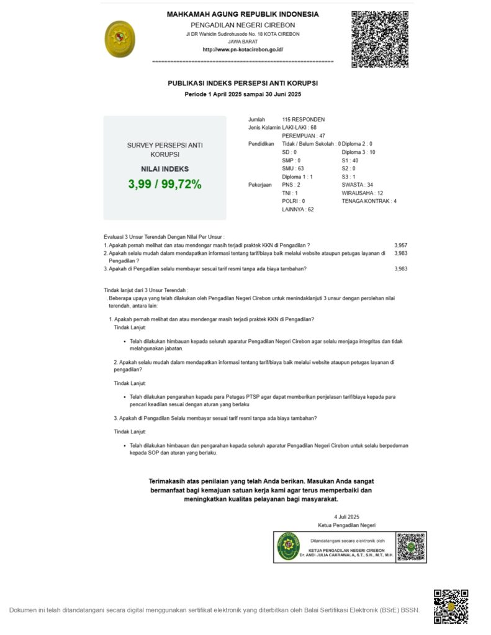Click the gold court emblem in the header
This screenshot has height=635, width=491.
(x=120, y=39)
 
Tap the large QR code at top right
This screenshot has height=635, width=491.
(x=380, y=39)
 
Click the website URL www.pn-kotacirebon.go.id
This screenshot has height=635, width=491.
(x=243, y=50)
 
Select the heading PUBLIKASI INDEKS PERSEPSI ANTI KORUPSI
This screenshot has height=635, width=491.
(x=243, y=82)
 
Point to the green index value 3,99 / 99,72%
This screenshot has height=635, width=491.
(x=164, y=184)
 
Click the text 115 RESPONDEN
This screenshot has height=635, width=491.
(x=304, y=119)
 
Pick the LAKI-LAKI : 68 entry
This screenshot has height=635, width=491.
(x=299, y=127)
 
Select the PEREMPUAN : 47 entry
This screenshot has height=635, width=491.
(x=304, y=135)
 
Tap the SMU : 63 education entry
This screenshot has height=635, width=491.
(x=293, y=168)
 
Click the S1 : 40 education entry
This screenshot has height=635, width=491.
(x=350, y=160)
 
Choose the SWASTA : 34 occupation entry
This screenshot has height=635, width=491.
(x=358, y=185)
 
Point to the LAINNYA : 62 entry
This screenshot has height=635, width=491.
(x=298, y=210)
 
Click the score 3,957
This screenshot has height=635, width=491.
(x=401, y=246)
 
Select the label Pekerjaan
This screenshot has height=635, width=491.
(x=260, y=185)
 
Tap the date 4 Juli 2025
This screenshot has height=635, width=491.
(x=346, y=517)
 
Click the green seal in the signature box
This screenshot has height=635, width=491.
(x=288, y=546)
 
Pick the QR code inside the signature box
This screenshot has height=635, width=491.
(x=410, y=546)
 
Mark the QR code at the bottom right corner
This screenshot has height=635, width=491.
(x=451, y=606)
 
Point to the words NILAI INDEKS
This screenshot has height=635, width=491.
(x=164, y=169)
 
